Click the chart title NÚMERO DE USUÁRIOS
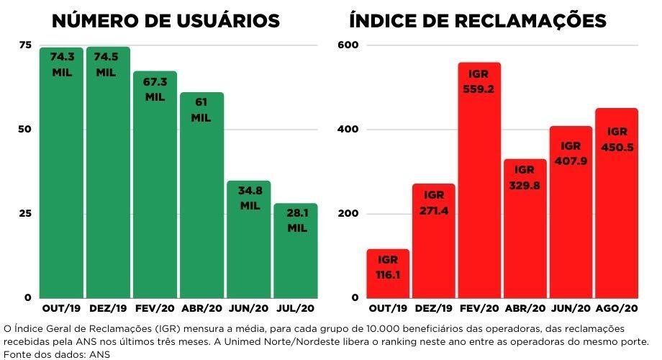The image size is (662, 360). pos(165,21)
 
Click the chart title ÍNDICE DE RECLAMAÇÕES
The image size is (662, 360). pos(478,21)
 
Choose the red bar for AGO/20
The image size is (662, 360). pos(617,216)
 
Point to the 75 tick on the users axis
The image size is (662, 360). pos(25,45)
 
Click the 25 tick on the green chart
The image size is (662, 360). pos(25,214)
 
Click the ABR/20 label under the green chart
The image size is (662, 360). pos(201,309)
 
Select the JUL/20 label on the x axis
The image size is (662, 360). pos(295,309)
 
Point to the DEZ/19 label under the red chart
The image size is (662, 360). pos(433,309)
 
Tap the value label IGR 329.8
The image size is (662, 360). pos(525,178)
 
